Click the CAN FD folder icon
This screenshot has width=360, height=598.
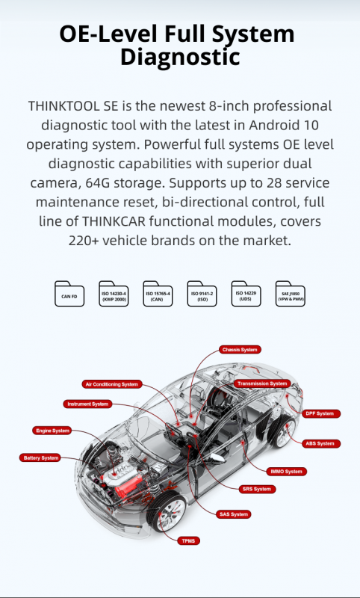(69, 294)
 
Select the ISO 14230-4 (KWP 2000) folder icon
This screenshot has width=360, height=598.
(114, 294)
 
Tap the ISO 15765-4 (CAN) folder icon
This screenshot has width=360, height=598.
(158, 294)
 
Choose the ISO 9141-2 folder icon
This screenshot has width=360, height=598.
(202, 294)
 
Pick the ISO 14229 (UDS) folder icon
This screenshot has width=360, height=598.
(246, 294)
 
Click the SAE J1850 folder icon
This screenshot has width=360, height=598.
(291, 294)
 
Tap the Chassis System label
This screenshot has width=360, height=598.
(240, 350)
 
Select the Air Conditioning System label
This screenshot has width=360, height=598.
(112, 384)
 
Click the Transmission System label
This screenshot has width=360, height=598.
(262, 383)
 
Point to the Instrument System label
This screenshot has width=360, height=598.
(87, 404)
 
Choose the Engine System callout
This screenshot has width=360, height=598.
(52, 431)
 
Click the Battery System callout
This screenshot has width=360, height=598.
(40, 457)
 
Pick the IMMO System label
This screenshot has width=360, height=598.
(287, 472)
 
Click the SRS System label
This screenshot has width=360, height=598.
(257, 489)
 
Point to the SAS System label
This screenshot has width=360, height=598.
(234, 514)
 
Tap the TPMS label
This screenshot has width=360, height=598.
(188, 540)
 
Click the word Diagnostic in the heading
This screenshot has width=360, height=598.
(180, 57)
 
